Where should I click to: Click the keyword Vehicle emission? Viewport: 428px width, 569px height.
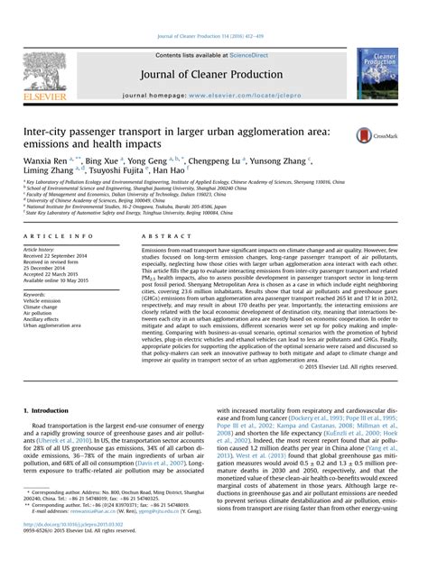(45, 301)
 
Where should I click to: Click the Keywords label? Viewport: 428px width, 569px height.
(37, 294)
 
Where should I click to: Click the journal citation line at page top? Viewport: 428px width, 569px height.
(213, 10)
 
